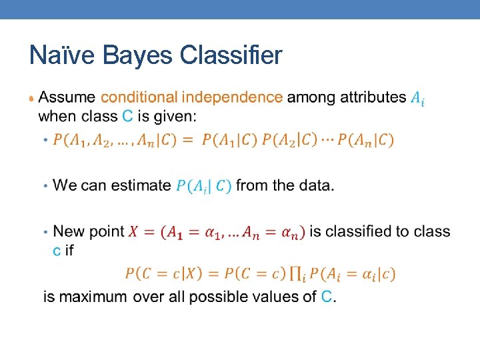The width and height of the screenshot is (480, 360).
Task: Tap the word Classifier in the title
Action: click(x=231, y=55)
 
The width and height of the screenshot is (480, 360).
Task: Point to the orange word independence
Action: click(x=232, y=97)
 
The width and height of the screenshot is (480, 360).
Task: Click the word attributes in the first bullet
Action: click(x=373, y=97)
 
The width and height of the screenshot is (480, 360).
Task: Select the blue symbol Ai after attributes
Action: click(x=417, y=99)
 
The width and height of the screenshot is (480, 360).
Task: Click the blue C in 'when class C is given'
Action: click(x=127, y=116)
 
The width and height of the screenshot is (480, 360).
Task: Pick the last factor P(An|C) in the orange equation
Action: click(x=365, y=140)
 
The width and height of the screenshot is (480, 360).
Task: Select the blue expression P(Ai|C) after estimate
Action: click(x=203, y=186)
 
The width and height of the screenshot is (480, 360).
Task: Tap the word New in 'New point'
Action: click(x=67, y=231)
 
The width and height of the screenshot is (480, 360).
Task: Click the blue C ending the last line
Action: click(x=327, y=297)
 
